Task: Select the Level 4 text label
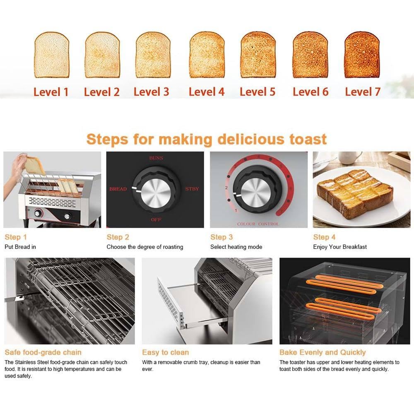coord(207,91)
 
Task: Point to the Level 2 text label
coord(101,91)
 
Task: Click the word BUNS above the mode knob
coord(156,158)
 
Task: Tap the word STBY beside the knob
coord(192,189)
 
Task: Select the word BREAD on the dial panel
coord(118,189)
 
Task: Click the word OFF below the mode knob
coord(156,219)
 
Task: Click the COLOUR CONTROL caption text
coord(258,224)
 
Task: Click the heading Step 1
coord(16,237)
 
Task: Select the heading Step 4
coord(324,237)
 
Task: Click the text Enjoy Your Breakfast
coord(340,247)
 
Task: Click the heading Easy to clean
coord(165,352)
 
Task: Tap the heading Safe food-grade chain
coord(43,352)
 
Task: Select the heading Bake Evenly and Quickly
coord(323,352)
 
